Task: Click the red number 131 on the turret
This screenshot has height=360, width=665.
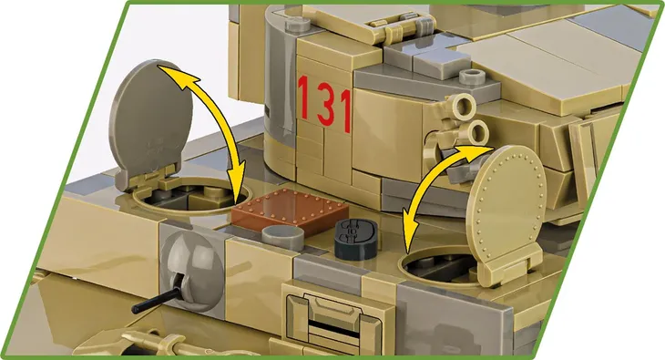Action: click(x=325, y=103)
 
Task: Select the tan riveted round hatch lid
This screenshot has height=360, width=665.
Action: click(x=506, y=199)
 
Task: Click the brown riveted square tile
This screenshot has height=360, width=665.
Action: click(x=291, y=211)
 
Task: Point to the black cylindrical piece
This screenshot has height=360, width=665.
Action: click(x=355, y=239)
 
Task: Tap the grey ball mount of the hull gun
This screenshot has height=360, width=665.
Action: click(x=191, y=272)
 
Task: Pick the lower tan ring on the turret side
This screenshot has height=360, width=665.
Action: click(x=477, y=132)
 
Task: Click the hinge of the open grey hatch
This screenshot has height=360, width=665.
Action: click(x=148, y=178)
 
